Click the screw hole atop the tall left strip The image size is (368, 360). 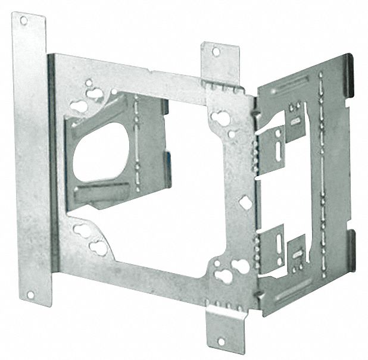point(24,21)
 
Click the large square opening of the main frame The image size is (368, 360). point(179,179)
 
